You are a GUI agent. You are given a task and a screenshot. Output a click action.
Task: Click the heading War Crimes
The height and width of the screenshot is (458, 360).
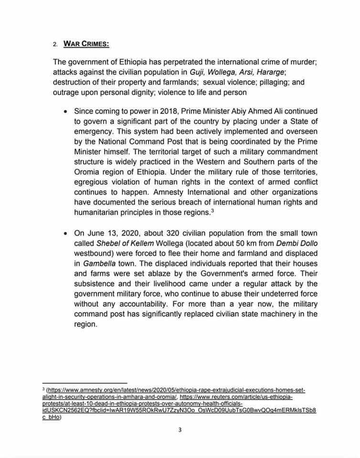point(86,44)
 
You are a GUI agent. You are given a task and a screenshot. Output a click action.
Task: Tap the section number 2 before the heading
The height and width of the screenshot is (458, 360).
point(55,45)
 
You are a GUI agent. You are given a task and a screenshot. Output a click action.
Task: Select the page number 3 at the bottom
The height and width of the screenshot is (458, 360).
point(180,429)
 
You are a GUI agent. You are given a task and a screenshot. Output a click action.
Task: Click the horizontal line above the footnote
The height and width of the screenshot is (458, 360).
point(85,383)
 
